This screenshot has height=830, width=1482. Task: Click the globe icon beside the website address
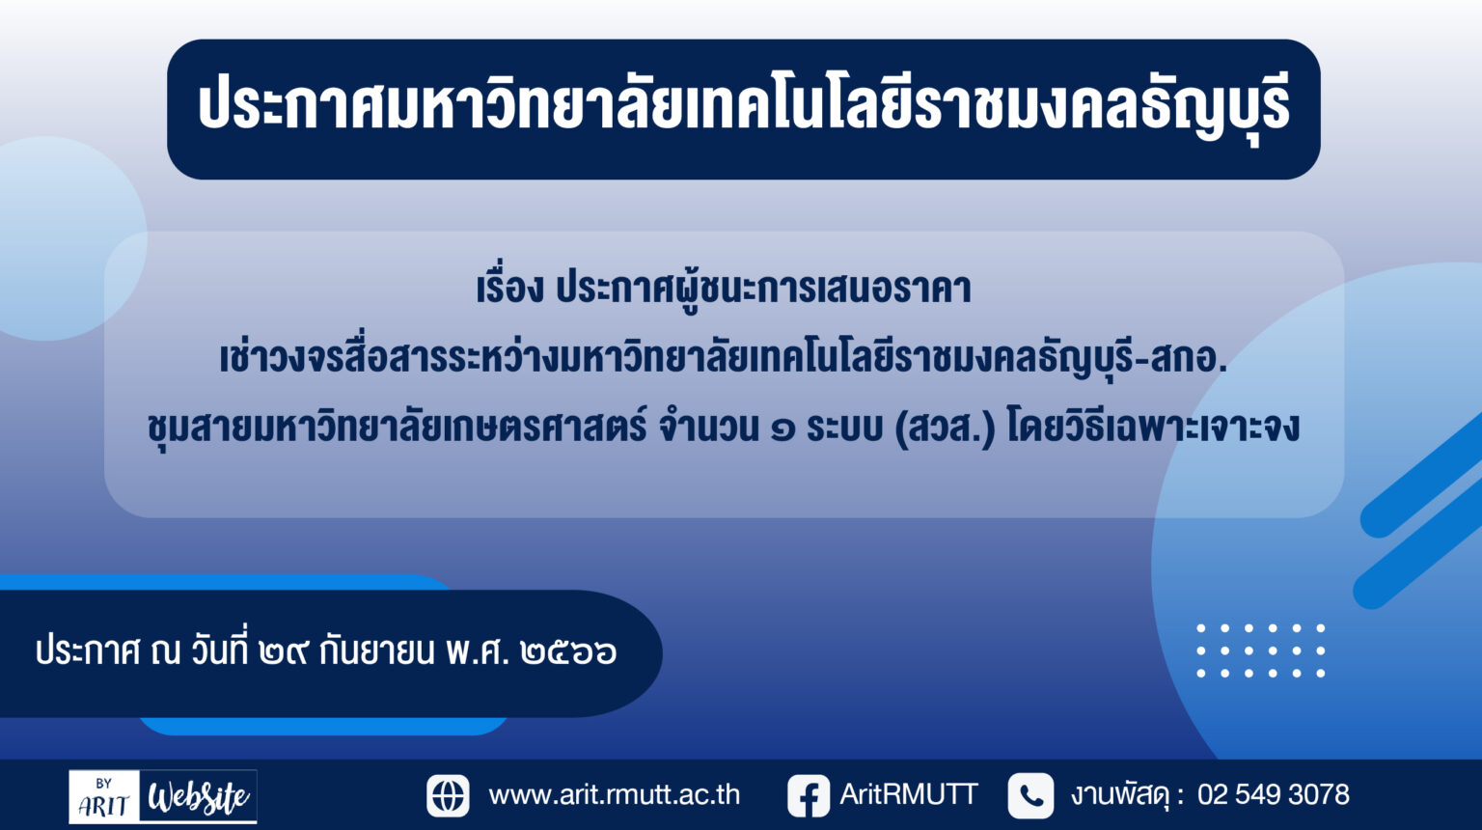click(x=448, y=795)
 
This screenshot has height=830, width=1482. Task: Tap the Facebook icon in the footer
click(x=809, y=795)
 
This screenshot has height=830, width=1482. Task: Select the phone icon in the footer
click(x=1030, y=795)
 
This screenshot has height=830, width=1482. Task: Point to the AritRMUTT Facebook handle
click(x=908, y=794)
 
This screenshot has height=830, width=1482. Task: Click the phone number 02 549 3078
click(x=1273, y=794)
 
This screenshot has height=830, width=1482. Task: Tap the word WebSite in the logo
click(x=199, y=796)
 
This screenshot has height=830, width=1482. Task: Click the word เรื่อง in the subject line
click(x=510, y=288)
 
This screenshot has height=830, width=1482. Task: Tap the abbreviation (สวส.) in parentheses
click(x=945, y=428)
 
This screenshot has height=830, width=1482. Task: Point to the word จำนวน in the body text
click(x=708, y=426)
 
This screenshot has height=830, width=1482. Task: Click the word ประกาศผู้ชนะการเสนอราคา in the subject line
click(x=763, y=290)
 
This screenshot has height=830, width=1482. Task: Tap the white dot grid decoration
click(x=1261, y=650)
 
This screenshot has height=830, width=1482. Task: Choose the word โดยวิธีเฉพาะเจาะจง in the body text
click(x=1153, y=426)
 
